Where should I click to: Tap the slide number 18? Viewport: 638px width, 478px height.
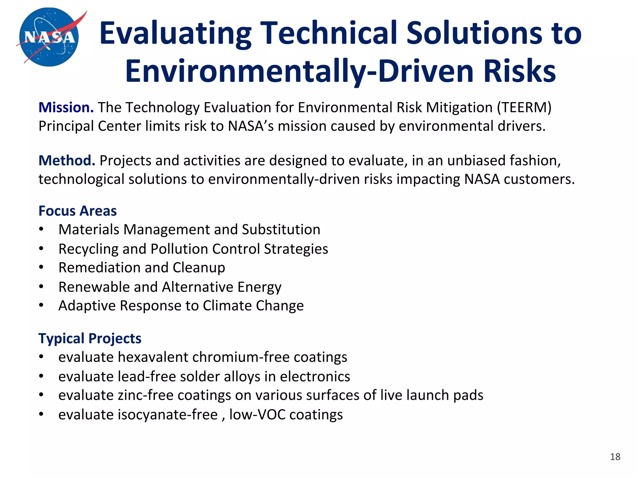point(615,457)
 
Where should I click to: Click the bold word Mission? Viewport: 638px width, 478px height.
point(66,108)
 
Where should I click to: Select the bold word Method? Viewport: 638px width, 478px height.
point(67,161)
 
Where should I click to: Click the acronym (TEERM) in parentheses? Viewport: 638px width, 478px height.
point(524,108)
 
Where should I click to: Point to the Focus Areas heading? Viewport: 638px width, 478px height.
point(78,211)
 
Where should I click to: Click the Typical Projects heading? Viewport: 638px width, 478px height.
point(90,339)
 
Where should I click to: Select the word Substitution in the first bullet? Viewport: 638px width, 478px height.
point(281,230)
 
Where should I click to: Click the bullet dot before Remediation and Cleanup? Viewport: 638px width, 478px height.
point(41,268)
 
